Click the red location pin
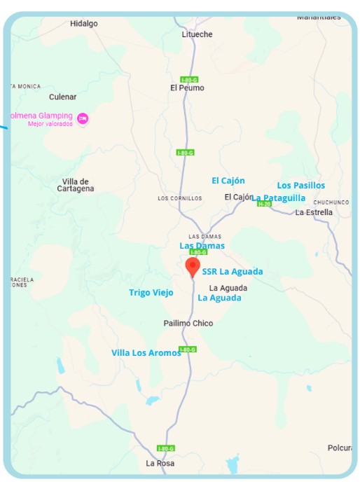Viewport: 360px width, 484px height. pyautogui.click(x=192, y=267)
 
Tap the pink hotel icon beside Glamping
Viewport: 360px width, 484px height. pyautogui.click(x=83, y=118)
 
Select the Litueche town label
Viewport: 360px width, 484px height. pyautogui.click(x=197, y=34)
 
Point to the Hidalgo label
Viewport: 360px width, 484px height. pyautogui.click(x=84, y=24)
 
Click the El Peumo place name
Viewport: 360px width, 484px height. pyautogui.click(x=187, y=88)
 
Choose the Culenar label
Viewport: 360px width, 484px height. pyautogui.click(x=62, y=97)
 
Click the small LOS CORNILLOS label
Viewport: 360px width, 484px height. pyautogui.click(x=180, y=198)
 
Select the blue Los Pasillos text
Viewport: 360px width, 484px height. pyautogui.click(x=301, y=186)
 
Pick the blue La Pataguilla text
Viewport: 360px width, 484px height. pyautogui.click(x=279, y=198)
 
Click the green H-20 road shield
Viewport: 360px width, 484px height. pyautogui.click(x=264, y=204)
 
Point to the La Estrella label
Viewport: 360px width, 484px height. pyautogui.click(x=314, y=212)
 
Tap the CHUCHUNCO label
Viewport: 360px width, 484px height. pyautogui.click(x=331, y=202)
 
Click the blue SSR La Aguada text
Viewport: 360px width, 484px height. pyautogui.click(x=233, y=272)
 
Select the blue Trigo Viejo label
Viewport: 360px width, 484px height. pyautogui.click(x=151, y=293)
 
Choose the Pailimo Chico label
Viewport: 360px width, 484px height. pyautogui.click(x=188, y=324)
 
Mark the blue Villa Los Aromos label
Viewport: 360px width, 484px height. pyautogui.click(x=146, y=353)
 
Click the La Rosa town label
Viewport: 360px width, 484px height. pyautogui.click(x=160, y=464)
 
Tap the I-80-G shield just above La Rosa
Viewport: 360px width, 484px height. pyautogui.click(x=166, y=448)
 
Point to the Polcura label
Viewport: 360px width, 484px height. pyautogui.click(x=340, y=448)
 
